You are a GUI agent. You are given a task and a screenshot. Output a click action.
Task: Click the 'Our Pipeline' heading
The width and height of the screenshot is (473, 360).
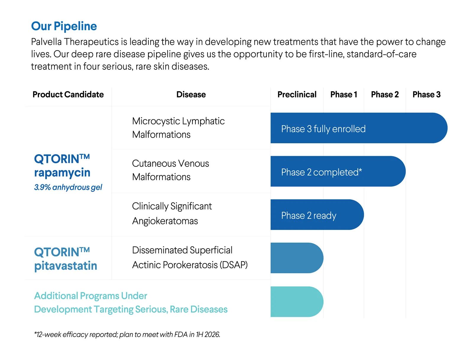pyautogui.click(x=64, y=26)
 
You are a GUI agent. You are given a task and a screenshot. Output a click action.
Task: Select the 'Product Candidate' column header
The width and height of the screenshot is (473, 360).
pyautogui.click(x=68, y=94)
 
